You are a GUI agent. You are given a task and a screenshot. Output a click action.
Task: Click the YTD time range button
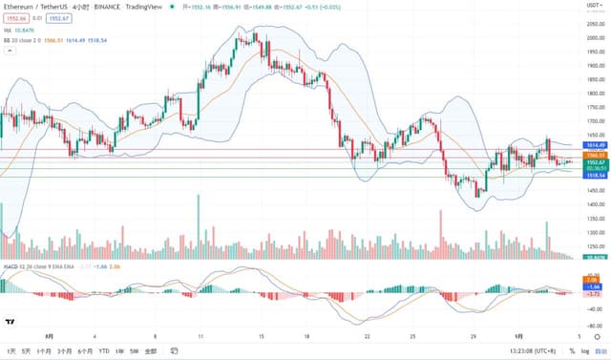104,350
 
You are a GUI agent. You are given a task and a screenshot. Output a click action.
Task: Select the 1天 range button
10,350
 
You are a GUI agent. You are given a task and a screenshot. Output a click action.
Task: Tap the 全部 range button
150,350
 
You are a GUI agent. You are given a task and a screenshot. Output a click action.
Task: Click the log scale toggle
583,350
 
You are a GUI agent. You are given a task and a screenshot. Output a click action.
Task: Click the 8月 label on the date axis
50,336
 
